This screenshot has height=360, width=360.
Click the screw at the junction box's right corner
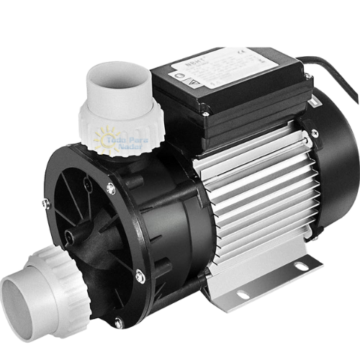point(309,76)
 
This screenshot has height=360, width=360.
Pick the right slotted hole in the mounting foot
point(301,267)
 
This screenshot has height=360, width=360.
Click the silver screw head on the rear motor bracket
point(315,131)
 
